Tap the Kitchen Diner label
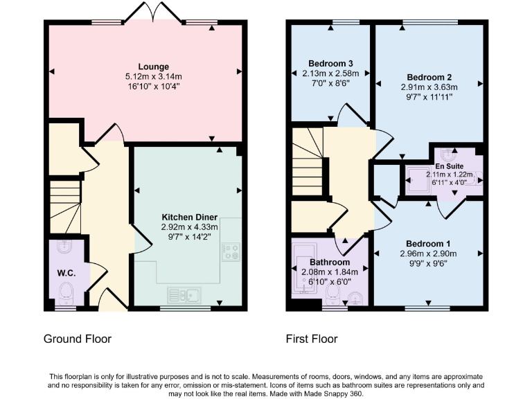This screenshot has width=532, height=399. (x=189, y=217)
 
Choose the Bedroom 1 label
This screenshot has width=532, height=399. (x=427, y=244)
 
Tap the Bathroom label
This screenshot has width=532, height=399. (x=330, y=263)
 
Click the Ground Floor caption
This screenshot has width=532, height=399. (x=78, y=339)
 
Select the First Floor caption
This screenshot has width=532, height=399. (x=312, y=339)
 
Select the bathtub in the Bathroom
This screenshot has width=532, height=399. (x=305, y=267)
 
